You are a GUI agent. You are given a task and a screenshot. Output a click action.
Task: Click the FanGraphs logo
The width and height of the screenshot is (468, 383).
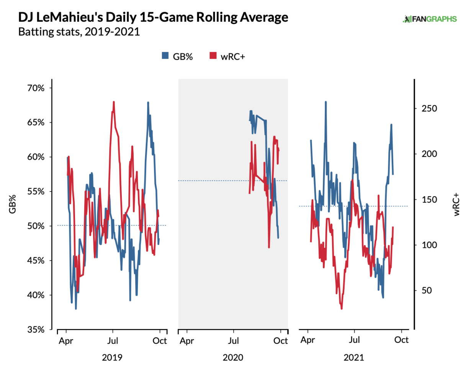click(x=429, y=19)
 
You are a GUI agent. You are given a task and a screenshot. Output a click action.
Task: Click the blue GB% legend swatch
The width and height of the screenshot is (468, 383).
click(x=165, y=56)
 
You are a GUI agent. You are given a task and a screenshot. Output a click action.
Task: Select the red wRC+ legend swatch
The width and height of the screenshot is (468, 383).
click(x=213, y=56)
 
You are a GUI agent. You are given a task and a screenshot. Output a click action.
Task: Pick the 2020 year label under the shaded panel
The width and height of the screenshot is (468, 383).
click(x=233, y=358)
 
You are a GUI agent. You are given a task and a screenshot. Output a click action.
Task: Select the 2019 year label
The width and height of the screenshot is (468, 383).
click(x=112, y=358)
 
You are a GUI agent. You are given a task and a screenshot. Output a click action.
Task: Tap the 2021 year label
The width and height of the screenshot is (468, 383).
click(x=354, y=358)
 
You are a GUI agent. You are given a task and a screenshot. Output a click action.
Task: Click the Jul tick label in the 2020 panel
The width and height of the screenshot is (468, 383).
click(x=234, y=340)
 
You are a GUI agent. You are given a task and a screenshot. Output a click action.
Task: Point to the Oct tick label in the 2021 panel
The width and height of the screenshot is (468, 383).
click(x=401, y=340)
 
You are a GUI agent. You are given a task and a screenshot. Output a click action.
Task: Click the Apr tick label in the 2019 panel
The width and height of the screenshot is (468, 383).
click(x=66, y=340)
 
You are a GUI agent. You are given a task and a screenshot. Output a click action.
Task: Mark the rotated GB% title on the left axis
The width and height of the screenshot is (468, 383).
click(x=13, y=204)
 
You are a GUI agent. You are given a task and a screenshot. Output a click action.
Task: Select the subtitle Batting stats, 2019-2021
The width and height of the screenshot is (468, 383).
click(x=79, y=32)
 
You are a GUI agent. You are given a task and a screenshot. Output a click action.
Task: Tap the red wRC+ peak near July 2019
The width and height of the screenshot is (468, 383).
click(x=114, y=102)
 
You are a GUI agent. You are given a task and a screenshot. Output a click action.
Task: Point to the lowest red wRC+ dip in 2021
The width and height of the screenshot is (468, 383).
click(x=341, y=308)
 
